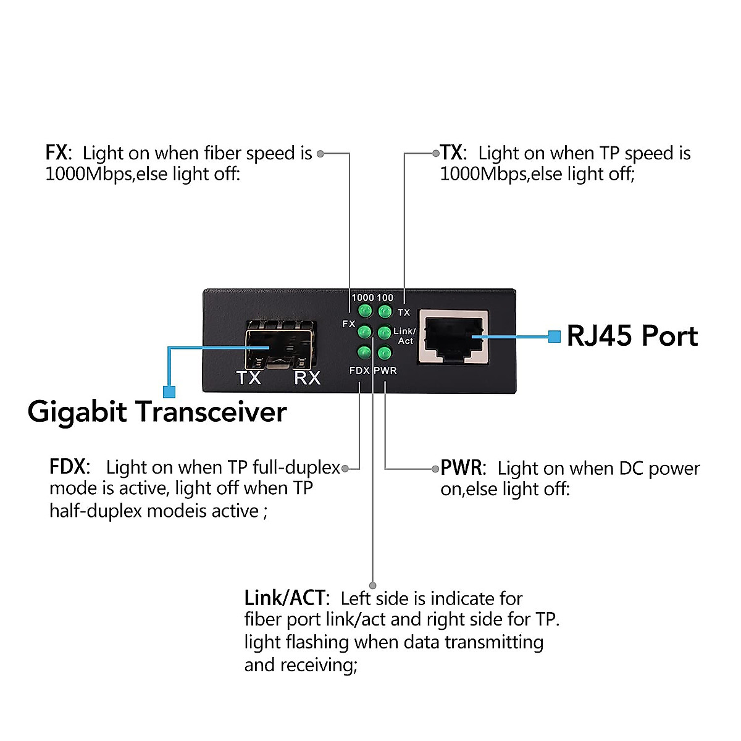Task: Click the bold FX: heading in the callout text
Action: pos(58,153)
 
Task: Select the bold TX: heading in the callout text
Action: pos(453,153)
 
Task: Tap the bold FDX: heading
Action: pos(69,467)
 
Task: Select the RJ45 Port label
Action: pos(632,337)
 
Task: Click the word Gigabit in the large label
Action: pos(77,412)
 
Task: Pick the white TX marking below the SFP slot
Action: pos(249,378)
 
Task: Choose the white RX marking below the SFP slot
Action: pos(307,378)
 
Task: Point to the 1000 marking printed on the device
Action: pos(362,298)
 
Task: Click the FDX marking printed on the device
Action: pos(359,371)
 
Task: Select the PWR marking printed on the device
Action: pos(385,371)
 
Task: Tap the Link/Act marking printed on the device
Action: pos(404,336)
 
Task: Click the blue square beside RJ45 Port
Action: pos(555,337)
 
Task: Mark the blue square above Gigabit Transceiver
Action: pos(169,391)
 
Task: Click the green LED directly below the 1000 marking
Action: pos(365,311)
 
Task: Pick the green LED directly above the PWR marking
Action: pos(384,353)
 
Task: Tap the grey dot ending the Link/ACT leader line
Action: pos(373,585)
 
